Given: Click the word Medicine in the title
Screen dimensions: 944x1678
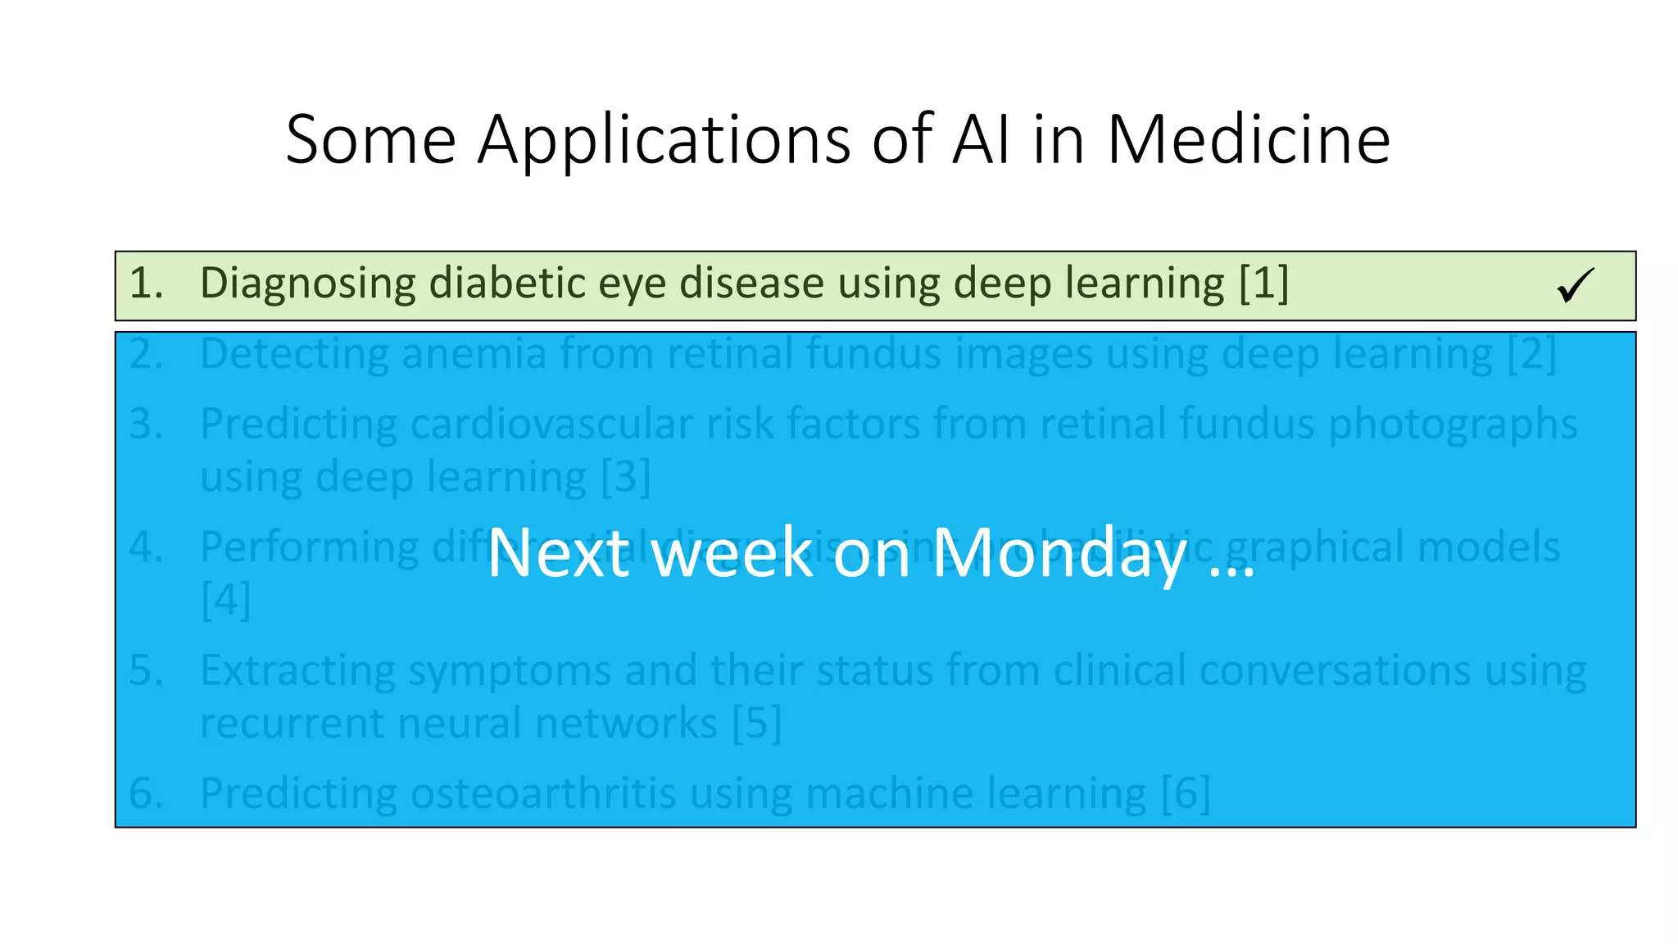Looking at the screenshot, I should click(x=1248, y=139).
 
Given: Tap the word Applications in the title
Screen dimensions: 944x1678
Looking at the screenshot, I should click(x=664, y=141).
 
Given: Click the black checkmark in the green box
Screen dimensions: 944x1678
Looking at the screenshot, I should click(x=1575, y=285).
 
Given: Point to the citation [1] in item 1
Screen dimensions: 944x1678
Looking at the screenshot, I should click(x=1263, y=283).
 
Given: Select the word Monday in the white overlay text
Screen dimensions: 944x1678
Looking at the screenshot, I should click(x=1059, y=553).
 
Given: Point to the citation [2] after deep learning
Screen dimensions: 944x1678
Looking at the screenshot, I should click(x=1531, y=354).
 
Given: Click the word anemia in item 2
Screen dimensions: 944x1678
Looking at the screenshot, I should click(x=474, y=354).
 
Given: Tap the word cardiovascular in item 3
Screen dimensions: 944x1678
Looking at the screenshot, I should click(x=551, y=424).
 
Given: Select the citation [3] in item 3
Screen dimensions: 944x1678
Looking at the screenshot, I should click(x=625, y=477).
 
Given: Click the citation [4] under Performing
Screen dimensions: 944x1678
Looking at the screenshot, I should click(x=225, y=600).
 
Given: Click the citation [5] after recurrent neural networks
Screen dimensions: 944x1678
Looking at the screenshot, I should click(x=756, y=723).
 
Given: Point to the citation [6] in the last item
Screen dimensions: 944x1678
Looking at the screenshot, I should click(x=1186, y=793).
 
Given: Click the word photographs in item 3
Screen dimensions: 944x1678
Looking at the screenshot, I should click(x=1452, y=424).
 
